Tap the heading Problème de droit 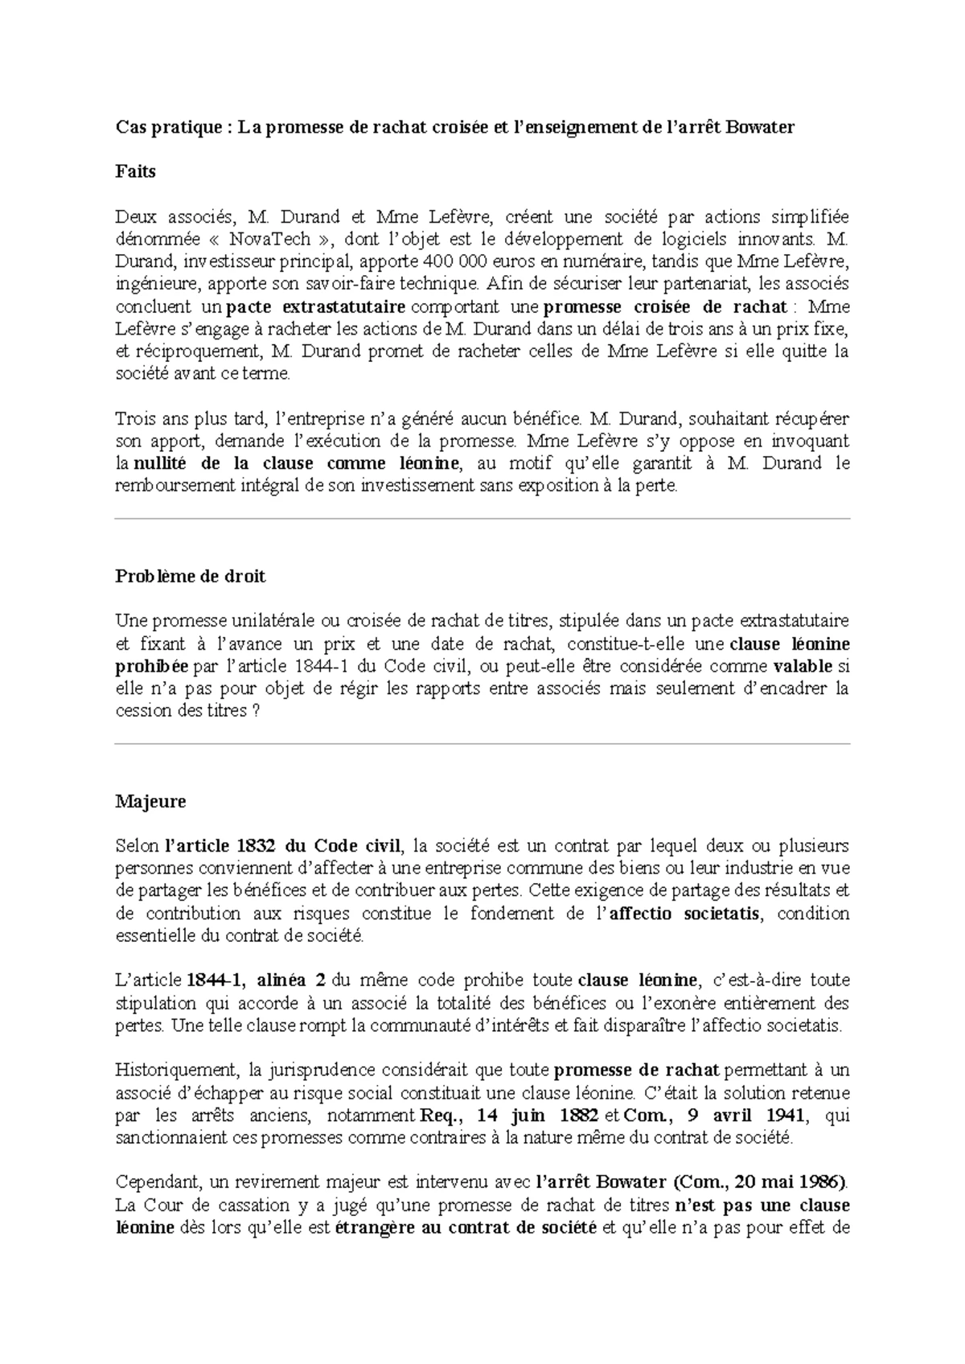point(191,576)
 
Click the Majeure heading point(150,801)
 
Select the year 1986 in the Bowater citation point(821,1182)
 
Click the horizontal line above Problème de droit point(482,519)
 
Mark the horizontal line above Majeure point(482,744)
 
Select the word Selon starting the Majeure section point(137,846)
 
